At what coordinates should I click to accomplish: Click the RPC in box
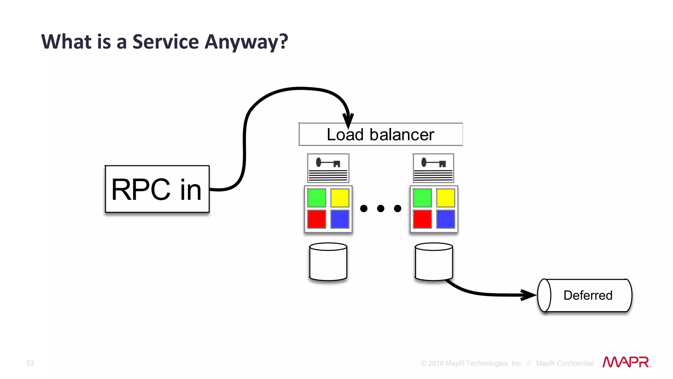coord(157,189)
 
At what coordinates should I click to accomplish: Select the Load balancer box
coord(381,135)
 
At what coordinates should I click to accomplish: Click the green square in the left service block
coord(316,198)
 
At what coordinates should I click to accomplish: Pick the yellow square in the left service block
coord(340,198)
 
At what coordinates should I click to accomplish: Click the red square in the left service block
coord(316,219)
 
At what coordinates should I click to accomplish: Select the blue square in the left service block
coord(340,219)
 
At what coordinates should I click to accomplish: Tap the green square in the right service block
coord(422,198)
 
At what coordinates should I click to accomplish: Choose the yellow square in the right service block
coord(446,198)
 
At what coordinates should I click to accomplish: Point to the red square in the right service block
coord(422,219)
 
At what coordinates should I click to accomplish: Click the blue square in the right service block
coord(446,219)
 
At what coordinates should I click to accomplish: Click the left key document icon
coord(328,168)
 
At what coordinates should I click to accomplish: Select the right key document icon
coord(433,168)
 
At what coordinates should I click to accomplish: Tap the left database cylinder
coord(328,262)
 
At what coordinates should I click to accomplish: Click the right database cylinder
coord(434,262)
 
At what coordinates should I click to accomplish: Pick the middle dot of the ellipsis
coord(381,208)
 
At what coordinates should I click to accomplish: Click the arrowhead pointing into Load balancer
coord(348,120)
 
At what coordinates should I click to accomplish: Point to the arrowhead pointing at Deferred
coord(528,294)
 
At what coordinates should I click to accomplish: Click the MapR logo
coord(626,362)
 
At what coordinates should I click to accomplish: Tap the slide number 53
coord(30,363)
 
